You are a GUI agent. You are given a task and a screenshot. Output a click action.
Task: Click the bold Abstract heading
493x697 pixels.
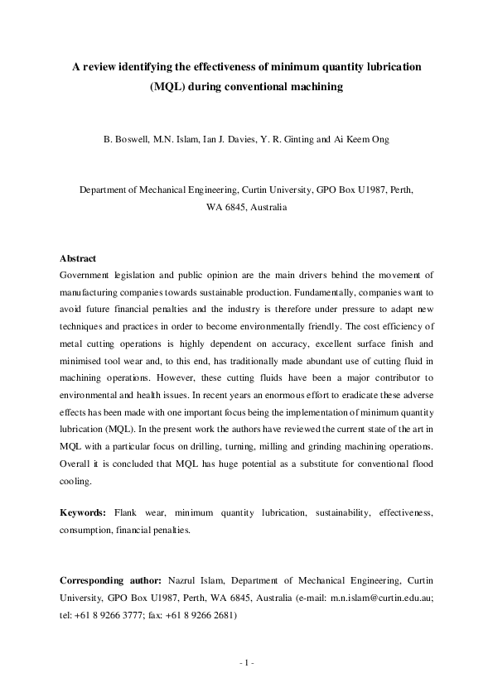click(79, 258)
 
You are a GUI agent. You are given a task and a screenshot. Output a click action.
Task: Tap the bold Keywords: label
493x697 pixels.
click(87, 513)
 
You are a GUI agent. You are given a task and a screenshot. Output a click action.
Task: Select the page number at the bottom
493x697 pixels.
click(246, 663)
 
